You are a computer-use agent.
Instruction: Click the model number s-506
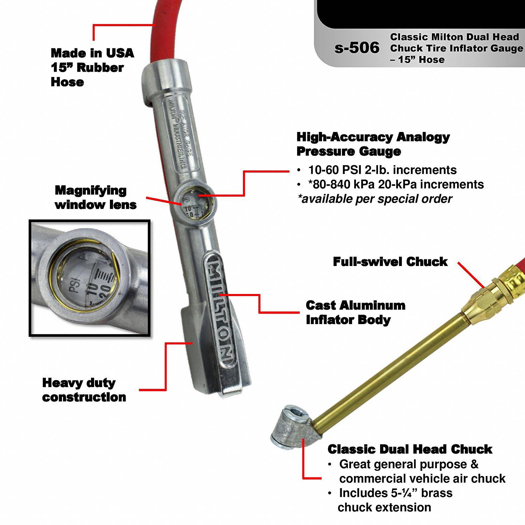357,48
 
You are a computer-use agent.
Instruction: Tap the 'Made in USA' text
92,53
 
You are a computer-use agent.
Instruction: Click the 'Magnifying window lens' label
95,197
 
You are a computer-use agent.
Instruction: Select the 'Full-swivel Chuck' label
390,261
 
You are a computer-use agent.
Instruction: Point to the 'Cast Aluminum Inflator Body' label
355,312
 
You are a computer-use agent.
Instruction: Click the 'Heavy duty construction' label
84,390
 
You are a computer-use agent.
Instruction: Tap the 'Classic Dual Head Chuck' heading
410,449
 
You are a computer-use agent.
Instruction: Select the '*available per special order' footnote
375,199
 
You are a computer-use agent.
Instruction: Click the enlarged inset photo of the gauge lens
90,278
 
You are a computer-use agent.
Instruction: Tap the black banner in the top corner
420,14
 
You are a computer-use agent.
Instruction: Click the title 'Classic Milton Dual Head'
454,37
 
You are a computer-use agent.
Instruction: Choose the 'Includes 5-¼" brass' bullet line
395,493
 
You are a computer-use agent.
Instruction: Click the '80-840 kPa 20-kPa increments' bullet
395,184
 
